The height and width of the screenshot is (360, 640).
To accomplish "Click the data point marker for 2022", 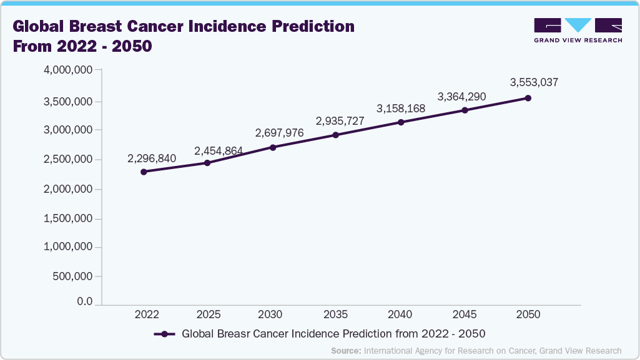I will coord(144,172).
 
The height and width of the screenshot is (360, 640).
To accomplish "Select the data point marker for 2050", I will coord(528,98).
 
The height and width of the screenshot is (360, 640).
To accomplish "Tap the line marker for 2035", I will coord(335,135).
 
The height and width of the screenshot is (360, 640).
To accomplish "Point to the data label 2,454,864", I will coord(219,151).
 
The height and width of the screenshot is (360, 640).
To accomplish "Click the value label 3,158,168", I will coord(401,109).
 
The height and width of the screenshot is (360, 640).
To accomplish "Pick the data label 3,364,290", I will coord(461,97).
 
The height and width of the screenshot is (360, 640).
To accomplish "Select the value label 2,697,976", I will coord(279,133).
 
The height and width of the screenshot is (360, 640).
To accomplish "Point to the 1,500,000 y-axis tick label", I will coord(69,219).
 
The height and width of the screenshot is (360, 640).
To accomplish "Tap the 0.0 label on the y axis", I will coord(84,302).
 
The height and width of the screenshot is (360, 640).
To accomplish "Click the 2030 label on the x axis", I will coord(271,314).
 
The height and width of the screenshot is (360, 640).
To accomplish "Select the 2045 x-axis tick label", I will coord(464,314).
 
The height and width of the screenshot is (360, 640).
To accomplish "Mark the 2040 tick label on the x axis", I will coord(400,314).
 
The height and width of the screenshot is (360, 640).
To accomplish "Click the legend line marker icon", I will coord(164,334).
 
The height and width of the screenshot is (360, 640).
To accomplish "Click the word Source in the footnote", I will coord(345,351).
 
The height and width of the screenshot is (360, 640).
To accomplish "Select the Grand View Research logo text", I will coord(578,40).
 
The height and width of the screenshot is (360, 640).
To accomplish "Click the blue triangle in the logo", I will coord(578,25).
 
